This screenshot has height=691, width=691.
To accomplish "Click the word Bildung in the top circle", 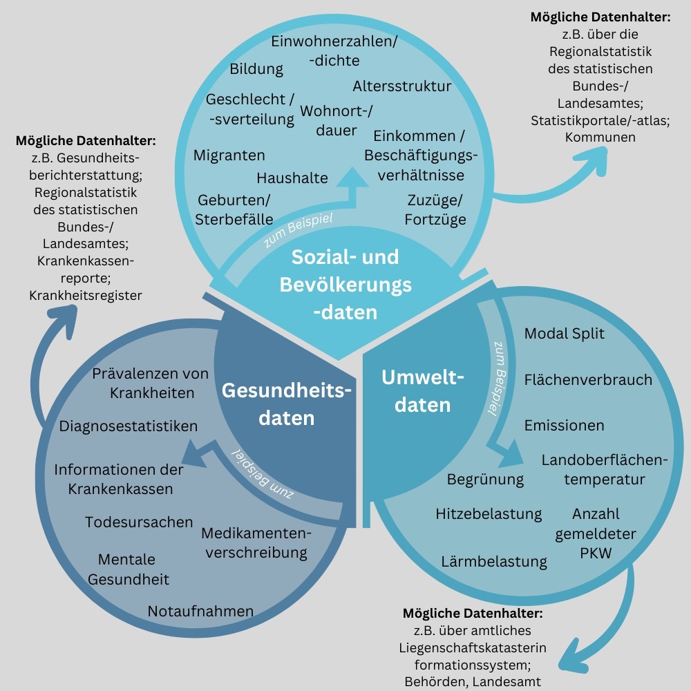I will [256, 68].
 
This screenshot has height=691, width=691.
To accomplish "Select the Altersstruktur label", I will [401, 86].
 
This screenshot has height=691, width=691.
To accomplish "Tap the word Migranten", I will [229, 155].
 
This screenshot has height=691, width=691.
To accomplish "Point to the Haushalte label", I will [292, 178].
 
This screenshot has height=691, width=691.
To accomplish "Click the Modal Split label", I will [564, 334].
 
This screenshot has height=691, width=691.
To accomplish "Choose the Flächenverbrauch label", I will [588, 379].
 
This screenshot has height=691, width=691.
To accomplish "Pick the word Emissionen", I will [564, 425].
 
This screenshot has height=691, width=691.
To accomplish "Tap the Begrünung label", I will [485, 479].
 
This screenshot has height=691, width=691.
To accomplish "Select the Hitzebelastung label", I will [489, 514].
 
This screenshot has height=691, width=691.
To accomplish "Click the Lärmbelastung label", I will [494, 561].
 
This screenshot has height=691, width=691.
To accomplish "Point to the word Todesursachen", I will [139, 522].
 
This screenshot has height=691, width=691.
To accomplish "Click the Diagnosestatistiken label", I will [129, 426].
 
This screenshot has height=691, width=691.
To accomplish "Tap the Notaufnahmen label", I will [200, 611].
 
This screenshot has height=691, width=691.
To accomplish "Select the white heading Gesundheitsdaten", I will [287, 404].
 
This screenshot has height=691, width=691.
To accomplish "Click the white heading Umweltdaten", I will [423, 391].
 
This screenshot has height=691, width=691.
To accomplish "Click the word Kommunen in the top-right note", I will [600, 137].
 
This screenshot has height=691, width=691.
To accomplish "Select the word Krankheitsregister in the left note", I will [86, 295].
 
